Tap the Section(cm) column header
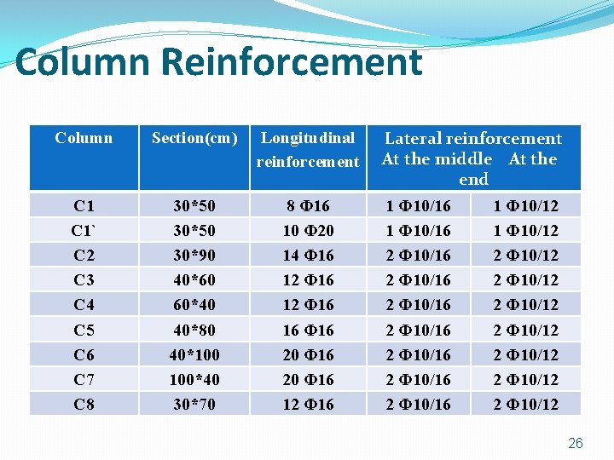tap(194, 138)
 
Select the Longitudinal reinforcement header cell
tap(308, 149)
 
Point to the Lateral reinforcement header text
tap(473, 138)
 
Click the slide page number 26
tap(576, 443)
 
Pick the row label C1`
tap(84, 231)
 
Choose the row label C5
tap(84, 330)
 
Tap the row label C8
tap(84, 405)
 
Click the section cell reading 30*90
tap(194, 256)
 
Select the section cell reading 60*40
tap(194, 305)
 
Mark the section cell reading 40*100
tap(194, 354)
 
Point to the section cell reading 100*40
tap(194, 379)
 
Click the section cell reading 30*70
tap(194, 405)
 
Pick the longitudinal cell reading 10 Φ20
tap(308, 231)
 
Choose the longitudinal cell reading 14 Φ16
tap(308, 256)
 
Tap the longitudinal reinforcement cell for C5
tap(308, 330)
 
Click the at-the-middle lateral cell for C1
tap(418, 206)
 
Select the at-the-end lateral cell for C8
tap(525, 405)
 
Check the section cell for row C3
tap(194, 280)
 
